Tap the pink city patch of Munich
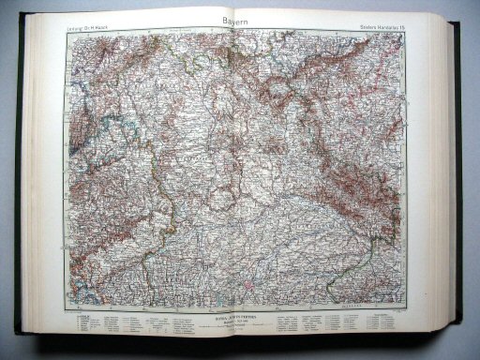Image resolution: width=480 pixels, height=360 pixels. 247,278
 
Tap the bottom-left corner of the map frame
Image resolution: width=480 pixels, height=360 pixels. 67,308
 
